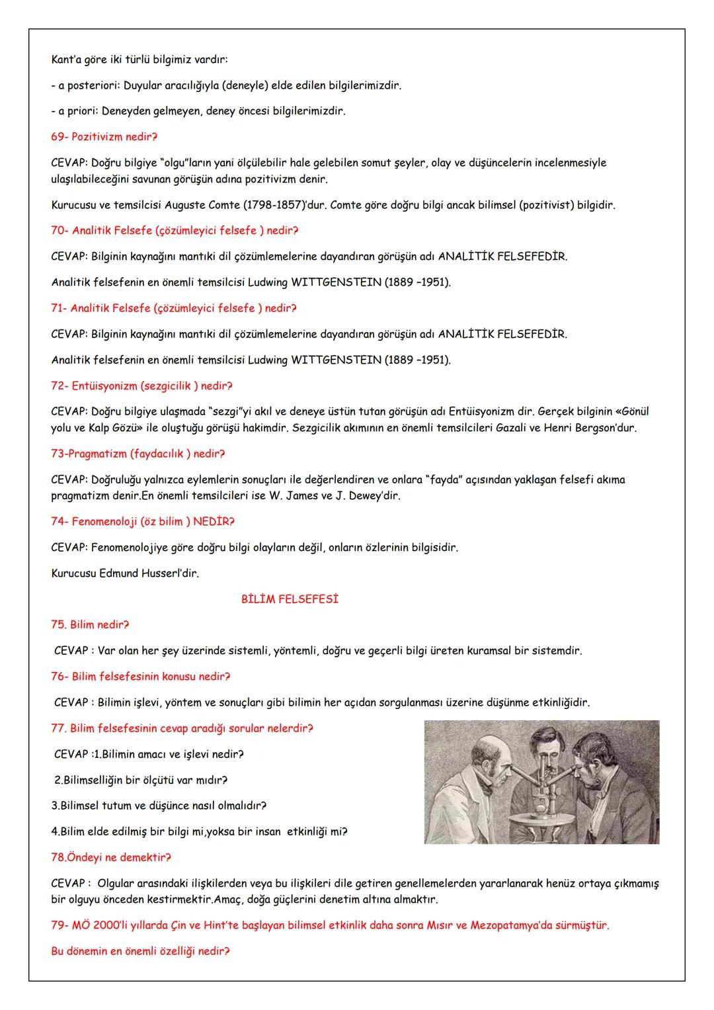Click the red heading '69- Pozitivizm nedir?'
(x=104, y=137)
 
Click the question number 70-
(x=59, y=231)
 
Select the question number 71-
(x=59, y=308)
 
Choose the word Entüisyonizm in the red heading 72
(x=104, y=386)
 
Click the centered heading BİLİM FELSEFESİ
(x=290, y=599)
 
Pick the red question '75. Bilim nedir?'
(x=90, y=624)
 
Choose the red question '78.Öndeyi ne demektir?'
(x=111, y=857)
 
